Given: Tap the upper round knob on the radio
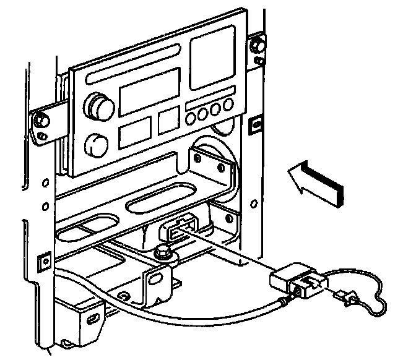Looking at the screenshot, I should coord(98,105).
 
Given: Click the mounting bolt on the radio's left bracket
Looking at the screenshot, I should coord(41,118).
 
